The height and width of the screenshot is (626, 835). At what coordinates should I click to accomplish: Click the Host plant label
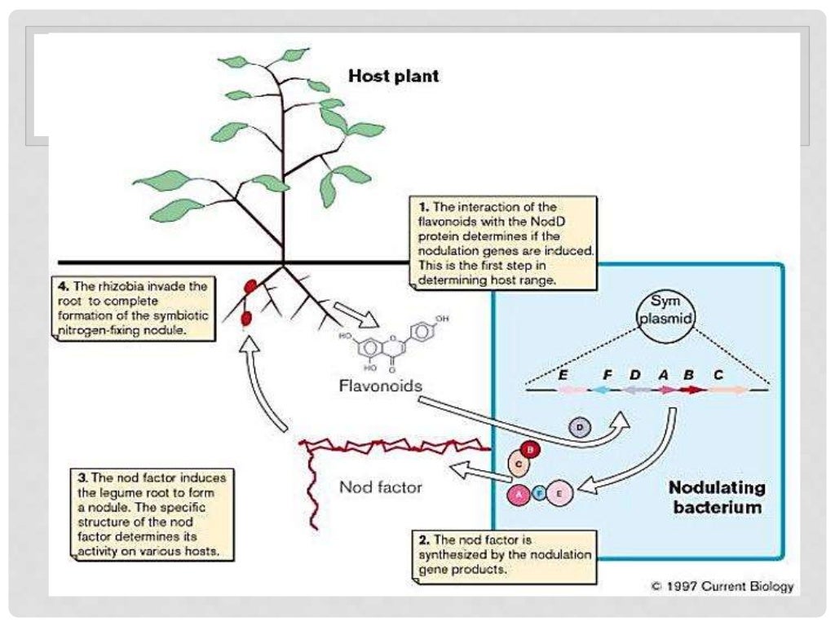[x=394, y=77]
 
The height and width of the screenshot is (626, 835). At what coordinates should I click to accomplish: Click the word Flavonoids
[x=380, y=386]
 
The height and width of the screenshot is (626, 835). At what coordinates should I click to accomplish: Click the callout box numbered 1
[x=501, y=243]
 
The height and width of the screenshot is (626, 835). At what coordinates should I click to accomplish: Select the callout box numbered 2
[x=501, y=553]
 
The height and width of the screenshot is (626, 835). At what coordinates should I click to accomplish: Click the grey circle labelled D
[x=580, y=426]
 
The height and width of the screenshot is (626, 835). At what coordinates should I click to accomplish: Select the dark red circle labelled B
[x=530, y=449]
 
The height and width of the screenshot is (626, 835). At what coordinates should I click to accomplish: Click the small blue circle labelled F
[x=539, y=493]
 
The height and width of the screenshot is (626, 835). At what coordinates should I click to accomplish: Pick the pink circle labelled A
[x=519, y=493]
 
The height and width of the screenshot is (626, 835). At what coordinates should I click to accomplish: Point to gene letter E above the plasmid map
[x=563, y=375]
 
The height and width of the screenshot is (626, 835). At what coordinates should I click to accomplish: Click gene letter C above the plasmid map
[x=718, y=375]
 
